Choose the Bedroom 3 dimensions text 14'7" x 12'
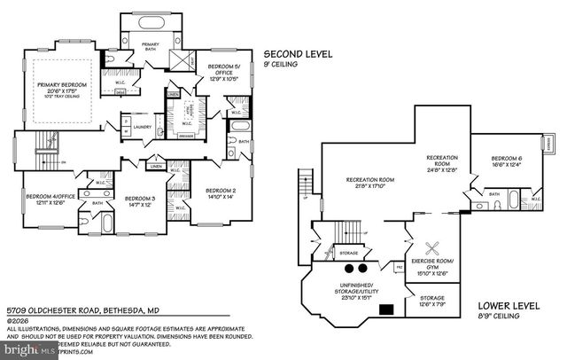click(x=139, y=205)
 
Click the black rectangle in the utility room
click(x=385, y=309)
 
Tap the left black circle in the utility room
click(x=348, y=268)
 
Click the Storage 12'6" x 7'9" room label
click(x=432, y=298)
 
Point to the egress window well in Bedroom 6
click(x=550, y=142)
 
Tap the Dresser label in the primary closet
click(x=186, y=136)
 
